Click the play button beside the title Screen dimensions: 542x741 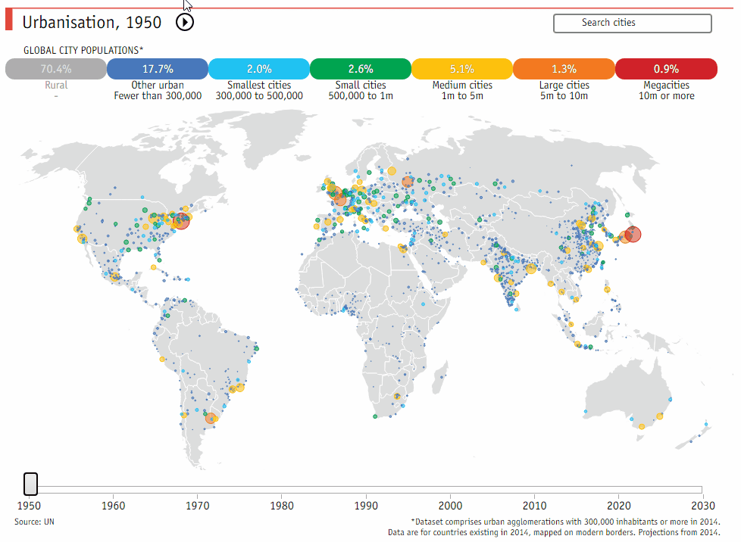pos(185,23)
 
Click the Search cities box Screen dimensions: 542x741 pos(633,23)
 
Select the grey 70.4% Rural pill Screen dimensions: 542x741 pos(55,69)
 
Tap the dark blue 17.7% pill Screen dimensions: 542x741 pos(157,69)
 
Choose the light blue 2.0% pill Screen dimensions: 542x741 pos(258,69)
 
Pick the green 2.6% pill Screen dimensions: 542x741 pos(360,69)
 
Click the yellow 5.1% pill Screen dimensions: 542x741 pos(461,69)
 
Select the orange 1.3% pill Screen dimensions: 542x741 pos(563,69)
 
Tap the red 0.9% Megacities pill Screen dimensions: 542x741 pos(666,69)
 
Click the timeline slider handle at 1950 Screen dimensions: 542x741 pos(30,484)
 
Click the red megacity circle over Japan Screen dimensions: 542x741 pos(633,235)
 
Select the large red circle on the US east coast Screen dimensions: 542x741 pos(181,221)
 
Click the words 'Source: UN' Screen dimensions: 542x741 pos(34,522)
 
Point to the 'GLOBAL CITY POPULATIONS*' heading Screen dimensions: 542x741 pos(83,50)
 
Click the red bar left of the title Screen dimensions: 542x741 pos(9,21)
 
